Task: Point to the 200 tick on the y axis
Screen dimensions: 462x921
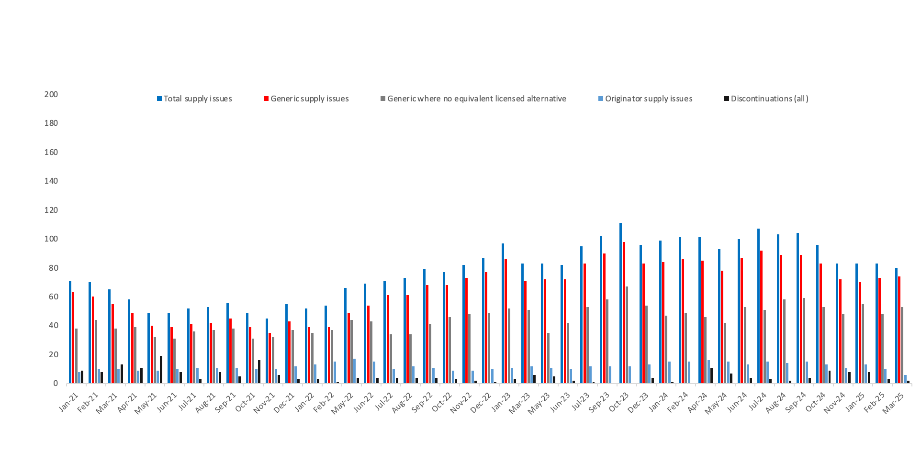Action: click(51, 94)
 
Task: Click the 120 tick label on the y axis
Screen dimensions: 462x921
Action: click(51, 210)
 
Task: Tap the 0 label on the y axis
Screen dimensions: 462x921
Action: click(56, 383)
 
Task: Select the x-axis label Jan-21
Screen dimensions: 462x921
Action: click(68, 402)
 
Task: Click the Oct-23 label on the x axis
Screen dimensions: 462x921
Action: click(618, 402)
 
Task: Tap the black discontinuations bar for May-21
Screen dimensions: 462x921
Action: click(161, 369)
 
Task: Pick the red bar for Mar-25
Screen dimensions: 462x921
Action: click(899, 330)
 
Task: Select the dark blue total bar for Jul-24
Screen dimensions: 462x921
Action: click(759, 306)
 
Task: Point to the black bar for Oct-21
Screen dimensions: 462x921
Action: click(259, 372)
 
